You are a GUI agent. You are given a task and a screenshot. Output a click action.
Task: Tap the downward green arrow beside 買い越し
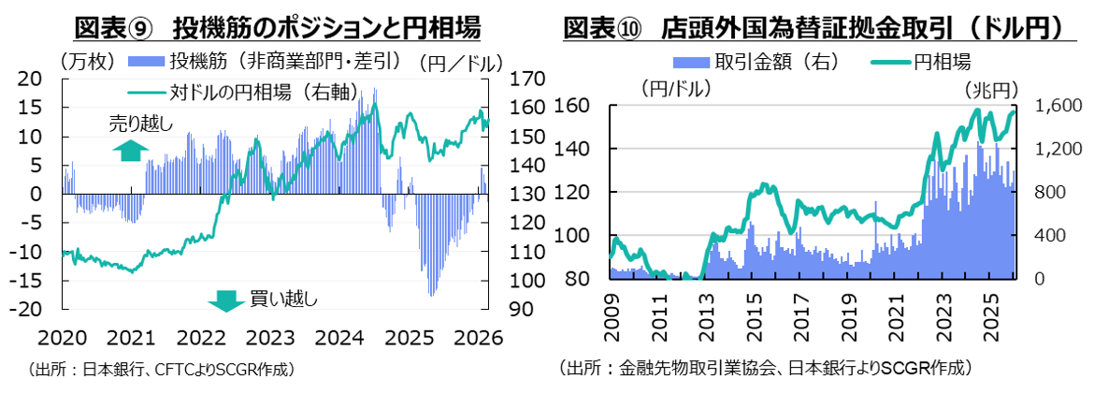[224, 299]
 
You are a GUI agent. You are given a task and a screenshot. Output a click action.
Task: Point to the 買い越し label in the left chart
[283, 299]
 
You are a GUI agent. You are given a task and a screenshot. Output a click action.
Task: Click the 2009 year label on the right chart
[612, 310]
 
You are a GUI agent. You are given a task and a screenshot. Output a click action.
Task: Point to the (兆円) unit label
[990, 90]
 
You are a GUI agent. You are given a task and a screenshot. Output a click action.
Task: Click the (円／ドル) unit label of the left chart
[460, 63]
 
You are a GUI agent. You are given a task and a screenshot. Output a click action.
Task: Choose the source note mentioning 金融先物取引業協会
[767, 369]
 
